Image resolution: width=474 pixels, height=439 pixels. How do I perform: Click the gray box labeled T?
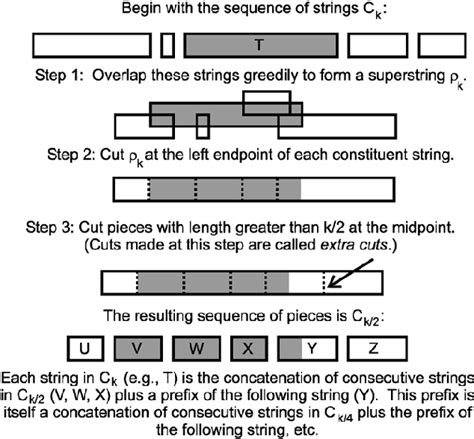(260, 45)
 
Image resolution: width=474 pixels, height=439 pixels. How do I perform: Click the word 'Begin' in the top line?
(141, 10)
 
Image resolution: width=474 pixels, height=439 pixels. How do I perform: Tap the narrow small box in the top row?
(167, 45)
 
